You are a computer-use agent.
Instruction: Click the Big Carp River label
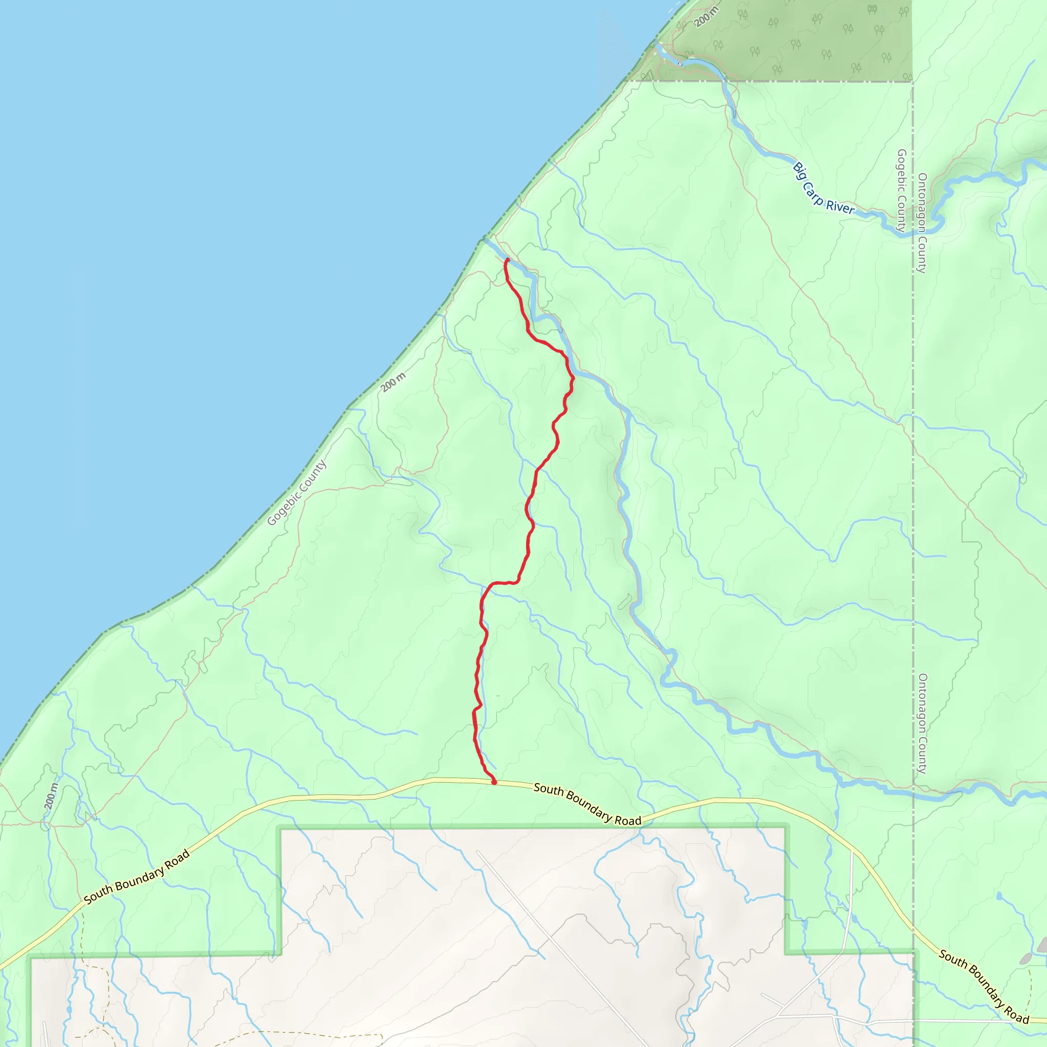pyautogui.click(x=823, y=189)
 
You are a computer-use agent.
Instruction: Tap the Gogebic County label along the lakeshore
pyautogui.click(x=297, y=492)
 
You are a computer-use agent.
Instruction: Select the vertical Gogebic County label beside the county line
pyautogui.click(x=901, y=190)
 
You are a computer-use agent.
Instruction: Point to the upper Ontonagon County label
pyautogui.click(x=922, y=223)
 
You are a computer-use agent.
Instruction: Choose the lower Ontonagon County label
pyautogui.click(x=922, y=723)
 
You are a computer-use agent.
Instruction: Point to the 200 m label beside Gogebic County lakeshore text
pyautogui.click(x=393, y=382)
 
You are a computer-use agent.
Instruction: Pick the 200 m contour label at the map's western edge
pyautogui.click(x=51, y=796)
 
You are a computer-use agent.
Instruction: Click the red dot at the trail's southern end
pyautogui.click(x=494, y=782)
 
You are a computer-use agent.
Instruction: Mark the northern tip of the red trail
pyautogui.click(x=507, y=260)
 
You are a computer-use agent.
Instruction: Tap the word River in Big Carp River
pyautogui.click(x=840, y=207)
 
